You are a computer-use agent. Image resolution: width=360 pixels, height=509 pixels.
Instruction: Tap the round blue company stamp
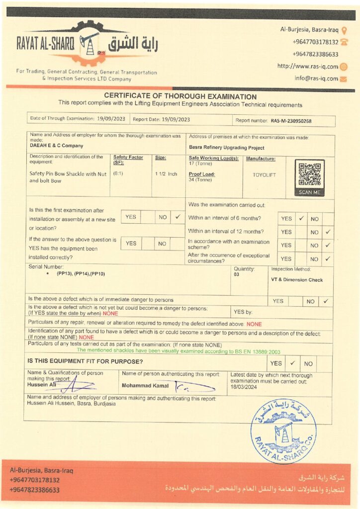point(283,430)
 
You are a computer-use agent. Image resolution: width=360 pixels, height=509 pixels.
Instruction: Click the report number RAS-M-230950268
point(291,120)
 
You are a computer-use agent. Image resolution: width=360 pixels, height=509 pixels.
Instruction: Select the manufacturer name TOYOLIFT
point(264,175)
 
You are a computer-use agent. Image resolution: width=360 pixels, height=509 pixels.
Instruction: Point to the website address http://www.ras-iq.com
point(308,67)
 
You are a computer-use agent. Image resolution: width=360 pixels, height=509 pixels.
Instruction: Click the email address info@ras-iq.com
point(316,78)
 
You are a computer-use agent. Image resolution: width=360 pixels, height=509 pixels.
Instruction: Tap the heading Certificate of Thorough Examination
point(180,96)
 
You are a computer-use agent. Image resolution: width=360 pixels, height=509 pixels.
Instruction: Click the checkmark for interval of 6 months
point(301,218)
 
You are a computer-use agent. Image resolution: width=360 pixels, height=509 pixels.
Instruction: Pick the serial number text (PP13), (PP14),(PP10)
point(81,274)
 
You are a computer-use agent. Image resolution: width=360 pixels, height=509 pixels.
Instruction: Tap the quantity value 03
point(237,274)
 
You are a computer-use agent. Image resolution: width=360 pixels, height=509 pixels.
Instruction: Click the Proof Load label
point(201,174)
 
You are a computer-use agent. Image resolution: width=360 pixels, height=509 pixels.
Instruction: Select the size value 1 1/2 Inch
point(166,174)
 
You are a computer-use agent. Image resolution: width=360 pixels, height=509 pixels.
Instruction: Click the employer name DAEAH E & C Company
point(57,146)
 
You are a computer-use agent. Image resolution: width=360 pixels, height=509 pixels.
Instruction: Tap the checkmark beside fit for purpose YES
point(293,363)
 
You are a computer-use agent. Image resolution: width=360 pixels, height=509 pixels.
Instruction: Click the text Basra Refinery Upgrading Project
point(226,148)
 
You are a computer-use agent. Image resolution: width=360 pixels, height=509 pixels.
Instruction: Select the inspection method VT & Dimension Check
point(297,280)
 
